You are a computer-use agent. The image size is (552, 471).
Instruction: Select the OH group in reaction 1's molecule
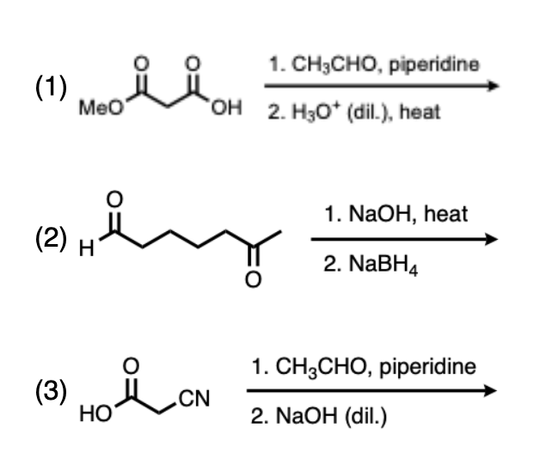point(224,111)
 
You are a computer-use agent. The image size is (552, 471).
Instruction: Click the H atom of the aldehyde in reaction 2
point(83,251)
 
